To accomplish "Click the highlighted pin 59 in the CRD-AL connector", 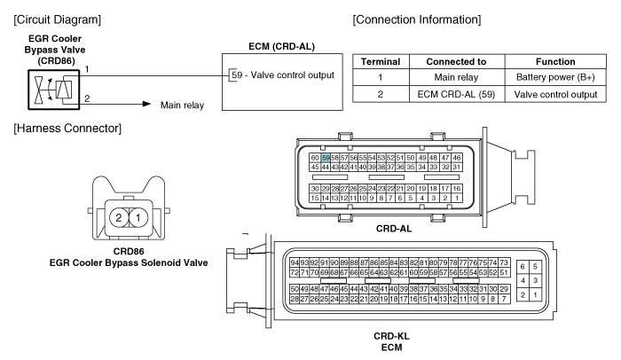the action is click(326, 158).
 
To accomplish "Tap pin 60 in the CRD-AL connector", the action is click(315, 158).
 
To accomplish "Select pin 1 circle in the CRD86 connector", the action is click(138, 217).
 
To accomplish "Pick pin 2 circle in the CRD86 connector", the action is click(119, 217).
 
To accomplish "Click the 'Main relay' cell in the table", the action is click(456, 77).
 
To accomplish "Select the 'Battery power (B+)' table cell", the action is click(555, 77).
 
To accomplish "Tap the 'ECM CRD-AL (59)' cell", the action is click(456, 94).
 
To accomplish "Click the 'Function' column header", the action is click(555, 61).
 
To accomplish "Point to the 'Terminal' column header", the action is click(381, 61).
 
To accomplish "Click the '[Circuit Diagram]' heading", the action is click(58, 20).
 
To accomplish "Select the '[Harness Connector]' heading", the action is click(67, 129).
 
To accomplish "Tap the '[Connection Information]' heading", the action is click(417, 20).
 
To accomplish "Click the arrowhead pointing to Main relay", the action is click(146, 104).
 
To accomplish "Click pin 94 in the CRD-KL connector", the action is click(295, 262).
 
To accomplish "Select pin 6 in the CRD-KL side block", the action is click(523, 267).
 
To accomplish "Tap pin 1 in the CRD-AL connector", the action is click(457, 198).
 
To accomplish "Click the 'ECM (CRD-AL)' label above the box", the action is click(281, 46).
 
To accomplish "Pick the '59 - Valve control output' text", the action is click(283, 74).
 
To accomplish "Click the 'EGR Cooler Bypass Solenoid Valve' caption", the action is click(129, 262).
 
